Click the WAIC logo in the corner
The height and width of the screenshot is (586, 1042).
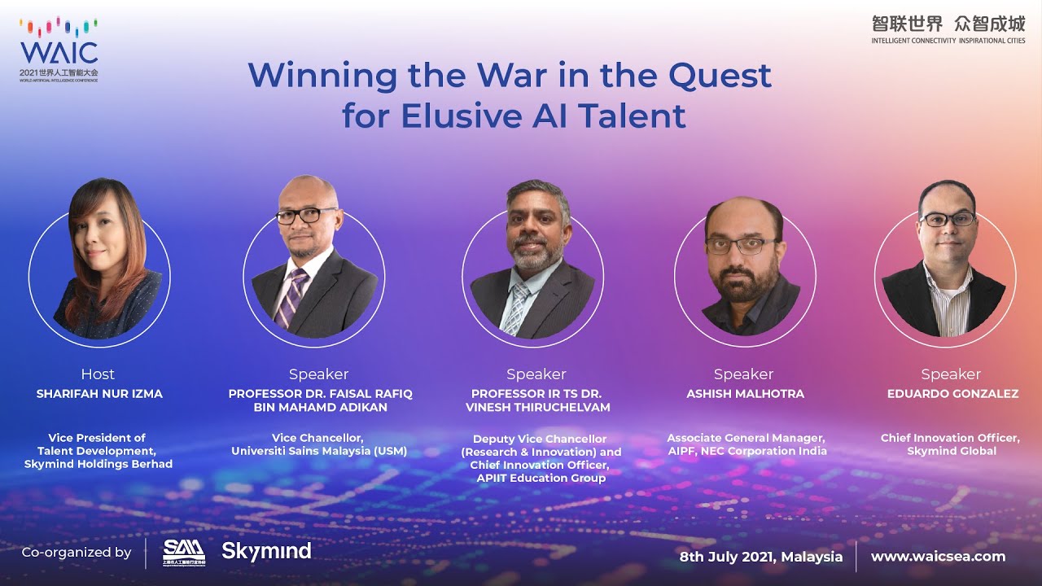[x=59, y=50]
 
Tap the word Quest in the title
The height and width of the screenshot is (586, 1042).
[x=719, y=76]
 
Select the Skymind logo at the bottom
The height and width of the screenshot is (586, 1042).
[x=266, y=551]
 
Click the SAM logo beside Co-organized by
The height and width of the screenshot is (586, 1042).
[x=184, y=551]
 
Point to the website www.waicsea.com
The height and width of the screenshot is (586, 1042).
[x=938, y=557]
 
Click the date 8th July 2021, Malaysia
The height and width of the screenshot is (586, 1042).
[x=761, y=557]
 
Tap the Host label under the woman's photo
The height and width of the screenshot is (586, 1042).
[x=98, y=374]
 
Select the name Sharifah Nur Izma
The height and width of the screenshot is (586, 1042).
[x=99, y=394]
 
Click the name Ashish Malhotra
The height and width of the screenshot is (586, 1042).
[x=745, y=394]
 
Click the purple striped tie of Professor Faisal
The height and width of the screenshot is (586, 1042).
[x=291, y=297]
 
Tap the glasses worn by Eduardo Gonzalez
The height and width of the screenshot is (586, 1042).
[x=947, y=219]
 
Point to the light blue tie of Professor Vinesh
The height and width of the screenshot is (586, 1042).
[x=515, y=308]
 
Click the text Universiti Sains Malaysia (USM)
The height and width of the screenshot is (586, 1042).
[x=319, y=451]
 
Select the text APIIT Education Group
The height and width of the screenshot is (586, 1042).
[x=541, y=478]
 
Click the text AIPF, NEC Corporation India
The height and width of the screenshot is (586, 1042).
[x=746, y=451]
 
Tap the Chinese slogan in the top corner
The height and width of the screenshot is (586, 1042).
[x=948, y=24]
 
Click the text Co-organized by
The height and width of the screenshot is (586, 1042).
[x=77, y=553]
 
